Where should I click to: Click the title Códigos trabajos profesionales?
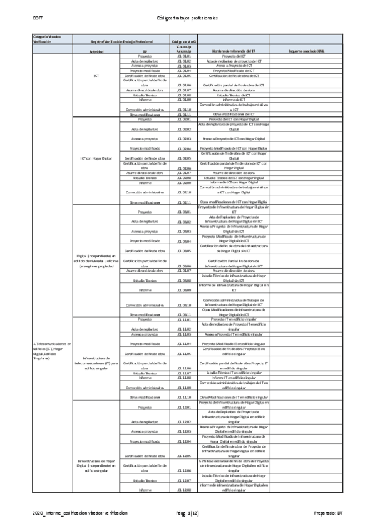click(x=187, y=18)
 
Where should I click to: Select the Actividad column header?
click(x=96, y=51)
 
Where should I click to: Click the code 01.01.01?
click(x=183, y=56)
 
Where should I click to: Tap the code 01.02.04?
click(x=183, y=149)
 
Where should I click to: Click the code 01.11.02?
click(x=183, y=329)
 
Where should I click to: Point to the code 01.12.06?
click(x=183, y=471)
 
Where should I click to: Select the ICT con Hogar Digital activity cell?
click(x=96, y=159)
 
